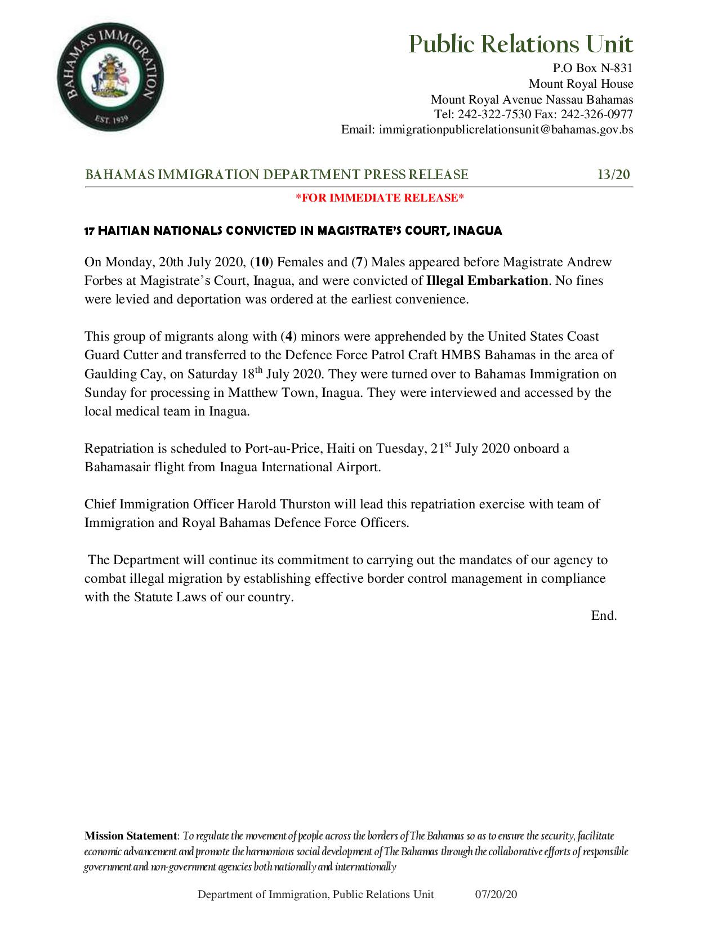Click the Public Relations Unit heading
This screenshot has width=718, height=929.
(520, 44)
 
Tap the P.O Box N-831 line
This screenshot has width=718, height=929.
(592, 68)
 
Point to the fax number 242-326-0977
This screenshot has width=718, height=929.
(597, 114)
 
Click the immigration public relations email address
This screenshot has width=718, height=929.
(506, 129)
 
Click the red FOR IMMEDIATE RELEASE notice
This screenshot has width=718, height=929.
(380, 198)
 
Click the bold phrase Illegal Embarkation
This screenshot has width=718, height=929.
(487, 280)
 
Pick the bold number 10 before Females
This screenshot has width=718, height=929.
(262, 262)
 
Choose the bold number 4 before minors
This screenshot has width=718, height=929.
(289, 337)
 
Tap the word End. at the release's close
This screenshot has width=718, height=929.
(604, 616)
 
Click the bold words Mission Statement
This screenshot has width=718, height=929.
(131, 836)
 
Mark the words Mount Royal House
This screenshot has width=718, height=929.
(581, 84)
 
